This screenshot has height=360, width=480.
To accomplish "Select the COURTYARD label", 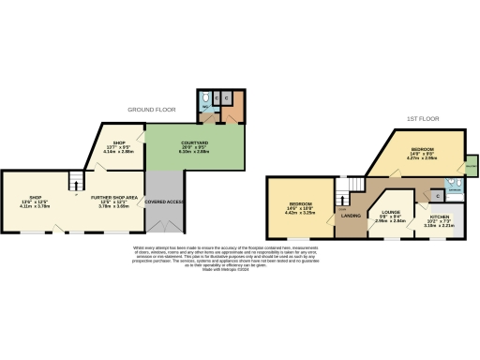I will [x=193, y=142].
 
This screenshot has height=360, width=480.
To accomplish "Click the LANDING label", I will [x=351, y=217].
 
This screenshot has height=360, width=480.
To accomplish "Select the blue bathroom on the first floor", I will [x=453, y=185].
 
